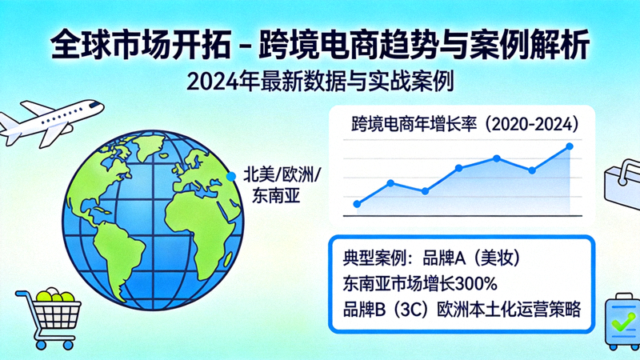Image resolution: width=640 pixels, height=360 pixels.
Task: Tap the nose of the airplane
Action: (x=100, y=105)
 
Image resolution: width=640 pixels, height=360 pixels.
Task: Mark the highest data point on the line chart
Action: (x=570, y=146)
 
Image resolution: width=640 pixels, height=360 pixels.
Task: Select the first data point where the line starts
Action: (x=357, y=204)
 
